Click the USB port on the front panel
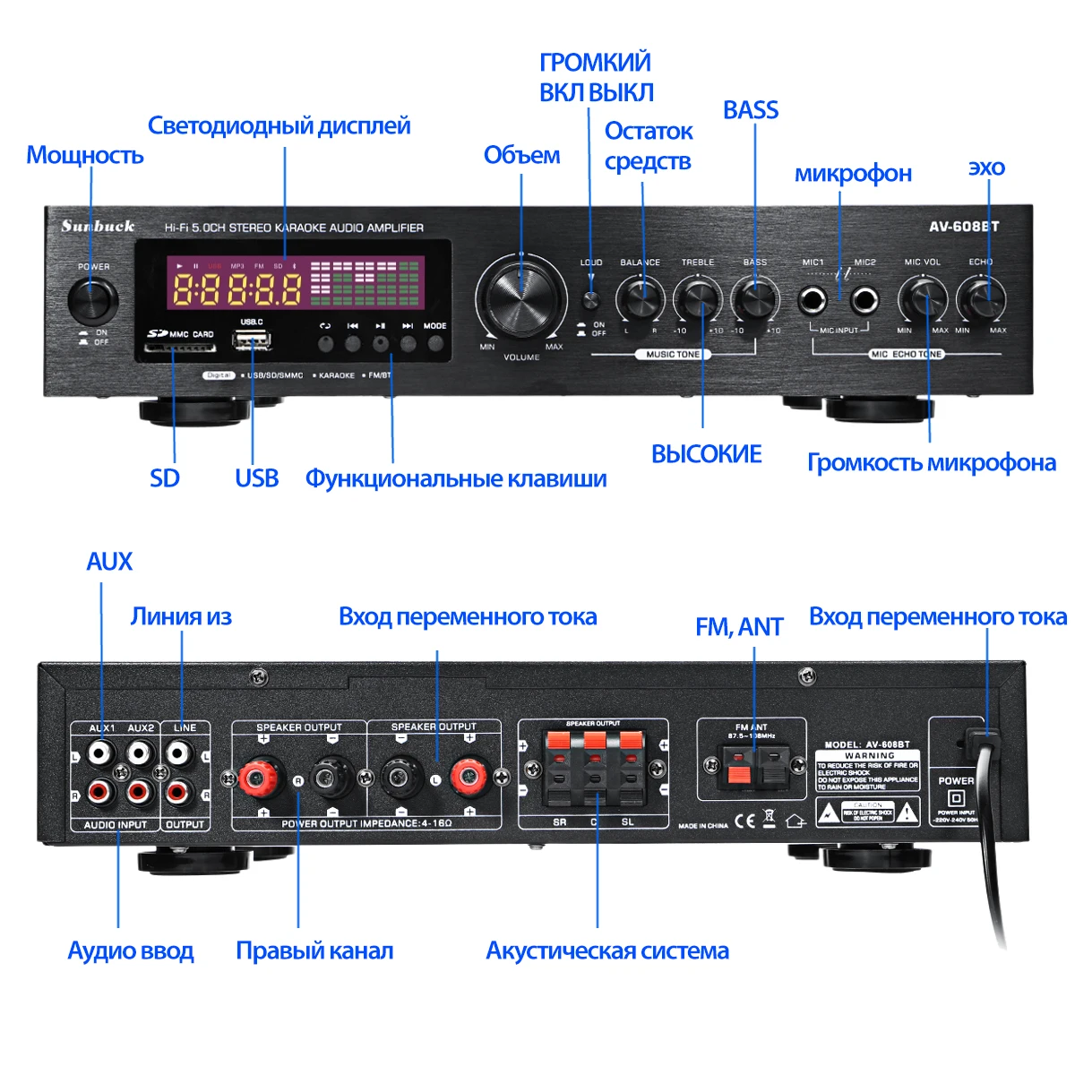coord(252,340)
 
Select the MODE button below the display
coord(435,343)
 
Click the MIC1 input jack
coord(814,299)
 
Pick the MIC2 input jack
coord(864,299)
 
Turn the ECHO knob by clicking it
coord(980,297)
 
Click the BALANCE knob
coord(640,297)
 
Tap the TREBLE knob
coord(698,297)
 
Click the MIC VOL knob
coord(923,297)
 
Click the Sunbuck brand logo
coord(98,226)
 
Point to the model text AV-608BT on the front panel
coord(964,227)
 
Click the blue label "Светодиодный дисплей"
coord(279,125)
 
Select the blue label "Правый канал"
coord(314,950)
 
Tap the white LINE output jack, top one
coord(179,752)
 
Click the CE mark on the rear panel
coord(744,820)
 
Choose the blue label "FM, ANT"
coord(739,627)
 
